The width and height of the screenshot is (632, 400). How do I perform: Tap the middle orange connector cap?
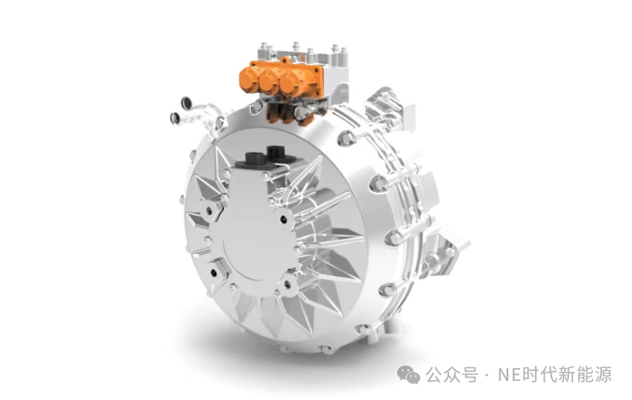tap(272, 83)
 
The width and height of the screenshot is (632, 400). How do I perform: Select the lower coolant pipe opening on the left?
tap(168, 116)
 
